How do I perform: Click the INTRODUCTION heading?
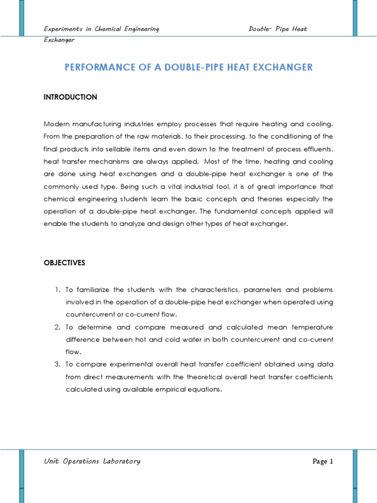[x=71, y=97]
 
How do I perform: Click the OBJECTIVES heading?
[x=64, y=263]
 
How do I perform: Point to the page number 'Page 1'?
[x=323, y=461]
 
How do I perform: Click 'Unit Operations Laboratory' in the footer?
[x=92, y=461]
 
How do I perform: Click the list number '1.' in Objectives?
[x=57, y=289]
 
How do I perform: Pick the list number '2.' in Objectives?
[x=57, y=327]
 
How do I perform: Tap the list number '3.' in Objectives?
[x=57, y=364]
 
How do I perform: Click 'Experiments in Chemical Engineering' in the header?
[x=101, y=29]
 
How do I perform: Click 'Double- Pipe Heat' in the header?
[x=278, y=29]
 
